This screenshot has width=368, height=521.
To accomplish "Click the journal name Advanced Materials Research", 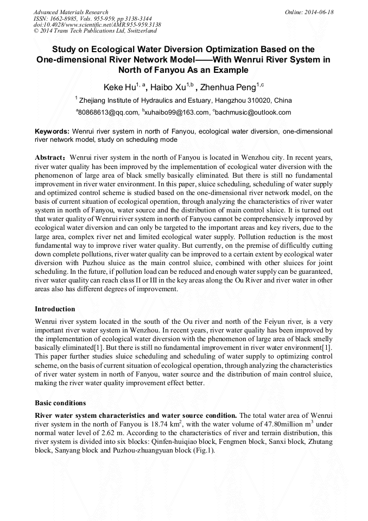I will point(71,12).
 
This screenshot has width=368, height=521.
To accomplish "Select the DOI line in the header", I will point(97,25).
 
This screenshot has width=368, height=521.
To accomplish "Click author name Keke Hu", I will point(119,87).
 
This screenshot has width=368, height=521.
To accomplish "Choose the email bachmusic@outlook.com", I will point(253,113).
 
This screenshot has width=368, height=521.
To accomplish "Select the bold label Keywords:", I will point(52,131).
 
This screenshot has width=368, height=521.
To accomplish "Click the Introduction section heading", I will point(55,309).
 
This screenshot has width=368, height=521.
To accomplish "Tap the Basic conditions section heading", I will point(60,403).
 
